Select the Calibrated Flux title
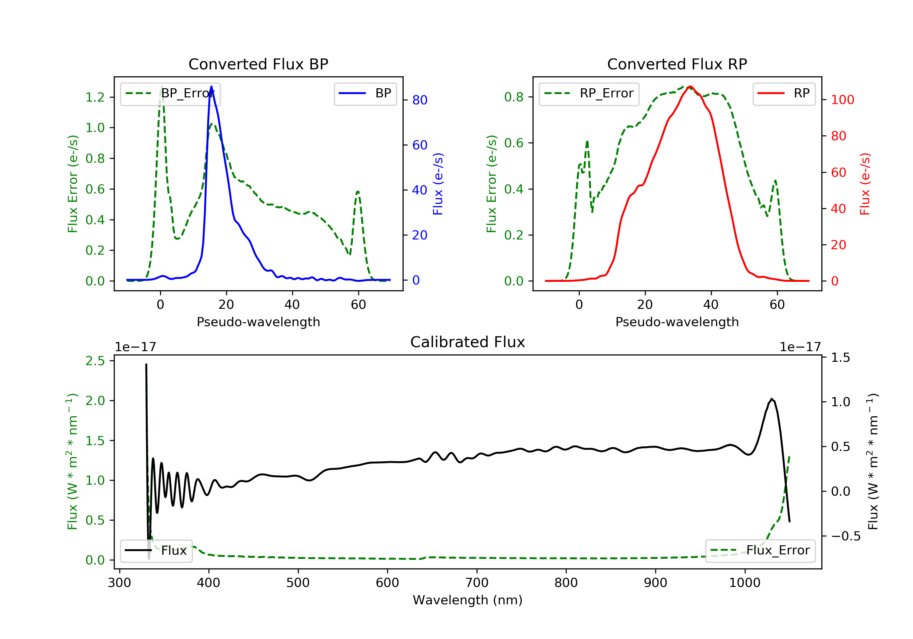click(468, 342)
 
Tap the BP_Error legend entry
click(170, 93)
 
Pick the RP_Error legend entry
click(589, 93)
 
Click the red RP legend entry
click(784, 93)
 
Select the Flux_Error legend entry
click(760, 550)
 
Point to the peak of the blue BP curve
click(211, 86)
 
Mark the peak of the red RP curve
click(690, 86)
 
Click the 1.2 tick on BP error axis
click(95, 97)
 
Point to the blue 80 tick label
click(420, 100)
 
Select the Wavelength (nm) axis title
click(468, 600)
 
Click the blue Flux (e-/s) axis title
click(438, 184)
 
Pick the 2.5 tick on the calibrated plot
click(95, 361)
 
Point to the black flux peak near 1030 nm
click(771, 399)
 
